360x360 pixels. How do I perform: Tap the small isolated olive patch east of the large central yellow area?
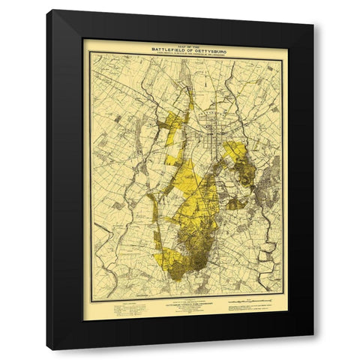point(235,203)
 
